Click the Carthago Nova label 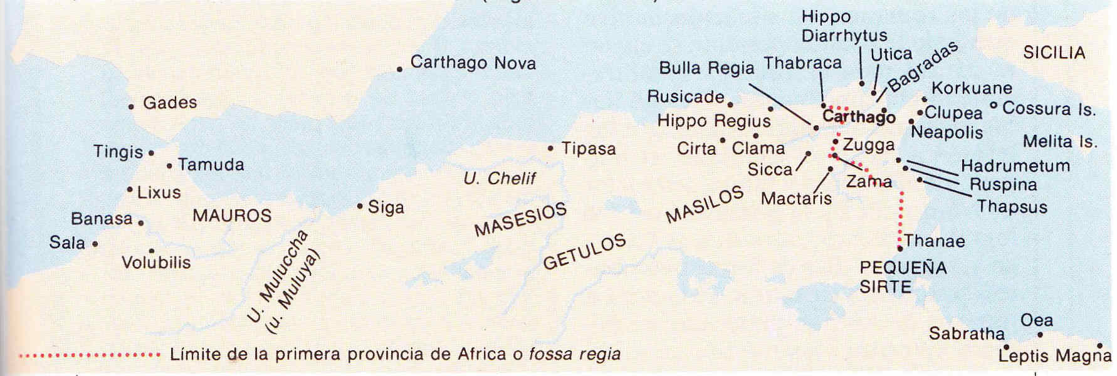point(473,63)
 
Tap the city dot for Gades point(131,107)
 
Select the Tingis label point(118,152)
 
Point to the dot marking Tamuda point(169,166)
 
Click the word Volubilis point(156,263)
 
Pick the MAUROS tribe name point(232,216)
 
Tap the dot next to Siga point(360,206)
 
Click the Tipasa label point(588,149)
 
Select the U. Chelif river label point(500,179)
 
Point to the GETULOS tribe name point(584,251)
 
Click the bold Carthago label point(859,117)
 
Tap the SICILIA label point(1054,53)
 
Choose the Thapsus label point(1012,207)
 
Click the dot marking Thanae point(900,249)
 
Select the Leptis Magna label point(1054,356)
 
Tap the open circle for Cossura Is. point(994,105)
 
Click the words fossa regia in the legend point(574,355)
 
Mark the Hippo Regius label point(714,121)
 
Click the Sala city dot point(95,244)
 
